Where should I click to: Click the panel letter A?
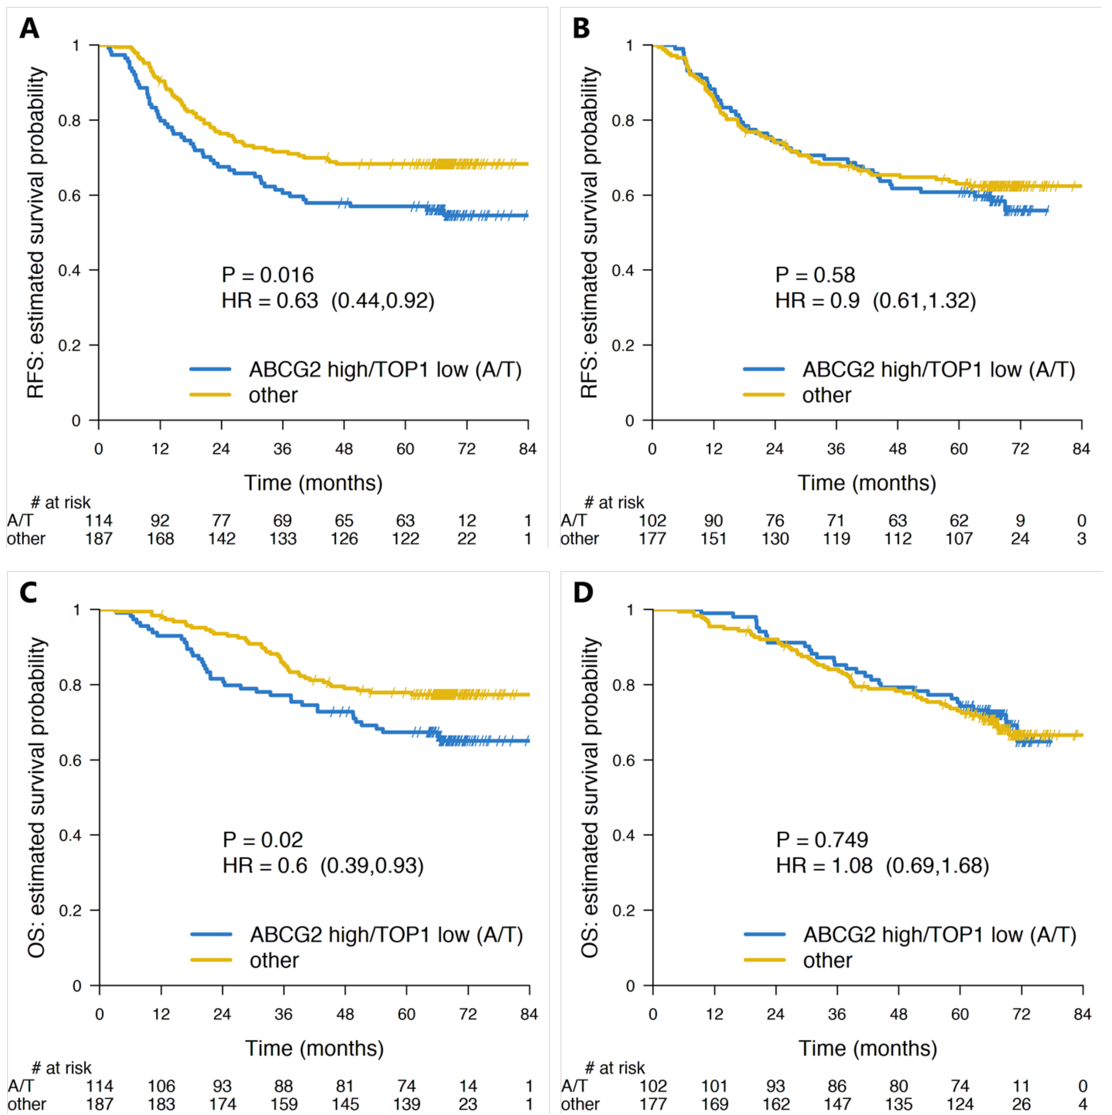(29, 28)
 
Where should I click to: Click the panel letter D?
(583, 592)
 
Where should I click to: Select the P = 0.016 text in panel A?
(267, 275)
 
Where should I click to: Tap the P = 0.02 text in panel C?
(263, 840)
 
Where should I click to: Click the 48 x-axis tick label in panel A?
(344, 449)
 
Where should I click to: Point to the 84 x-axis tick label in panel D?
(1082, 1014)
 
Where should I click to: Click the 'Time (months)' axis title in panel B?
(866, 482)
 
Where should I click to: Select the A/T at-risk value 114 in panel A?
(99, 521)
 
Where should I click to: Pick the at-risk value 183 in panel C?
(161, 1104)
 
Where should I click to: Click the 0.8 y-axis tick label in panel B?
(623, 121)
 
